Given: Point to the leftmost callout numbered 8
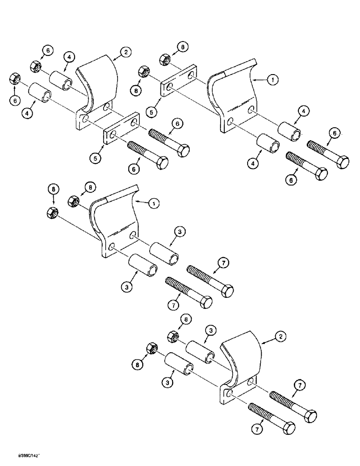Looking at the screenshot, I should pyautogui.click(x=53, y=189).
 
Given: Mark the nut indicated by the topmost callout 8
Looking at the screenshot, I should pyautogui.click(x=164, y=59).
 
